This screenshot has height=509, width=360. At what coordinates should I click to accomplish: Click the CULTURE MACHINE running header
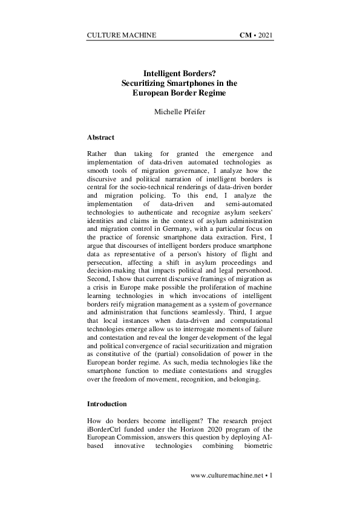pyautogui.click(x=122, y=35)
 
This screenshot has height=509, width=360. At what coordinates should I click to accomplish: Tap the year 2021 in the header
pyautogui.click(x=266, y=35)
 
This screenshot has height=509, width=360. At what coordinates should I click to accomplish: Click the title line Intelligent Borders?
pyautogui.click(x=180, y=72)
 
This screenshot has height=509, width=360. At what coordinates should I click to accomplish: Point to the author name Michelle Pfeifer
pyautogui.click(x=180, y=112)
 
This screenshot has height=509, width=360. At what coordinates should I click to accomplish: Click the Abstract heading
pyautogui.click(x=102, y=138)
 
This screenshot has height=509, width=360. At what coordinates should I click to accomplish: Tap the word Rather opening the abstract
pyautogui.click(x=99, y=155)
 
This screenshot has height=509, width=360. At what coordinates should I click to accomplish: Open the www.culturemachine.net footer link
pyautogui.click(x=227, y=476)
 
